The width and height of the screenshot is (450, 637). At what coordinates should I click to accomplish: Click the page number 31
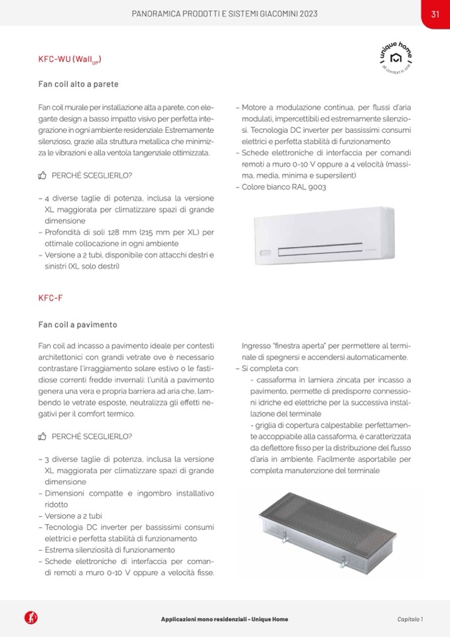[435, 14]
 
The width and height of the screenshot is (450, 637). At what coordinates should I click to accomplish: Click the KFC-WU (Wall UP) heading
[70, 60]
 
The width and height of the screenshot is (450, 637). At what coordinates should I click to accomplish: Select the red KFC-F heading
[50, 298]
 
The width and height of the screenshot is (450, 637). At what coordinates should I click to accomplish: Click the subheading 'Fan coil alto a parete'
[78, 84]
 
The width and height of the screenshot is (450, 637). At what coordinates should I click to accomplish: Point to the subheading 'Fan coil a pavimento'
[78, 325]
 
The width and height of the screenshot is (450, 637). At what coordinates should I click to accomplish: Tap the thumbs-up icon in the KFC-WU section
[42, 175]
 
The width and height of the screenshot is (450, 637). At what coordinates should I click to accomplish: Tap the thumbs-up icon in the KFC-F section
[42, 436]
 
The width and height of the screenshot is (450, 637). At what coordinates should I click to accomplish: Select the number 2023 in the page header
[303, 14]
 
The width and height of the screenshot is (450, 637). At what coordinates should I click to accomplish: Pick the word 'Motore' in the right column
[255, 107]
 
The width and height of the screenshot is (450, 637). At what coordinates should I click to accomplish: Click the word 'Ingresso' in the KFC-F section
[255, 346]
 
